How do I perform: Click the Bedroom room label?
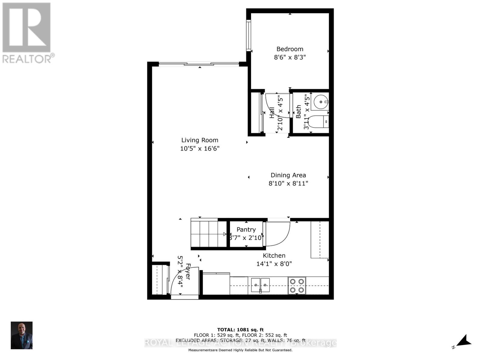pos(290,49)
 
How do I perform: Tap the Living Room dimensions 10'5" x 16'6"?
pos(200,148)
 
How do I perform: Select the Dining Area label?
pos(288,175)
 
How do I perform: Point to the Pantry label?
pos(246,229)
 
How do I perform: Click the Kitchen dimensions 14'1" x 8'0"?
pos(274,264)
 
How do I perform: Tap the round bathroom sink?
pos(320,102)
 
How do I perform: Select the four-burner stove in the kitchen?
pos(297,285)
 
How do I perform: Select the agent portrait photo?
pos(22,335)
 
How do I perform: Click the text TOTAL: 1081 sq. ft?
pos(240,330)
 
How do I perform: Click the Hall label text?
pos(272,112)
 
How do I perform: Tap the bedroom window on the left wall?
pos(249,35)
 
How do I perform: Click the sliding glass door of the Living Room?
pos(199,64)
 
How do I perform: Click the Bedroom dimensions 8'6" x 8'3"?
pos(290,57)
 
